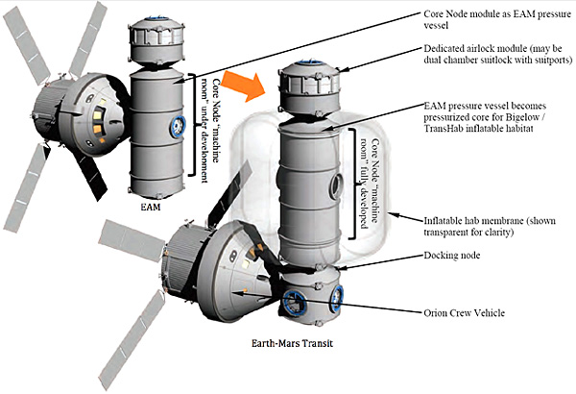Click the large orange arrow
(244, 86)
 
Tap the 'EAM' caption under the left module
(151, 208)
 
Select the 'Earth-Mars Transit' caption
(293, 344)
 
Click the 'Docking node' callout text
(452, 256)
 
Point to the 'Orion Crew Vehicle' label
(465, 313)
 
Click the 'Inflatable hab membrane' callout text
(490, 227)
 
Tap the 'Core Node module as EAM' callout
(497, 19)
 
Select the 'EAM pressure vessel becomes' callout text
(485, 117)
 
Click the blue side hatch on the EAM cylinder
(177, 127)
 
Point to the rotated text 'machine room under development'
(210, 131)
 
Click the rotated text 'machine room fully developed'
(370, 184)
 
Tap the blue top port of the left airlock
(156, 18)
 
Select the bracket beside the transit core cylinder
(352, 184)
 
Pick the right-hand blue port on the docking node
(336, 298)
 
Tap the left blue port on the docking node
(293, 302)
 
